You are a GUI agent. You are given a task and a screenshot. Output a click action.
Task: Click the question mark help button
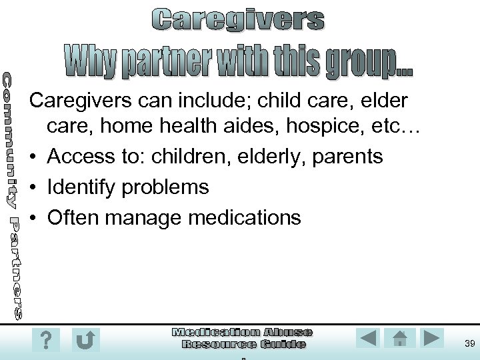(x=45, y=341)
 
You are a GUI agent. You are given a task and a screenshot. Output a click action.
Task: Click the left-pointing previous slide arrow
(x=367, y=338)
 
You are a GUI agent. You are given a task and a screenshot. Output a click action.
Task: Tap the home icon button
(x=400, y=338)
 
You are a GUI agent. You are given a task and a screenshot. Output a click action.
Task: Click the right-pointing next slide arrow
(x=432, y=338)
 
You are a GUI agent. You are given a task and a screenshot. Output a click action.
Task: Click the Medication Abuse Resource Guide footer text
(x=243, y=338)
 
